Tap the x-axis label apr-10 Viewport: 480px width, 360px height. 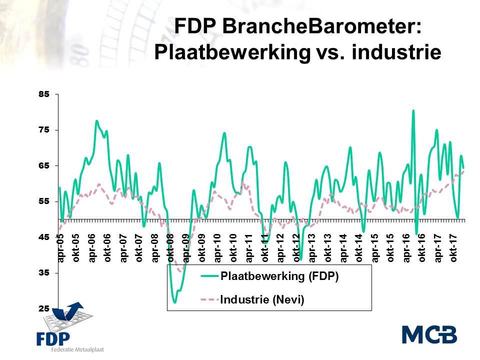pyautogui.click(x=218, y=249)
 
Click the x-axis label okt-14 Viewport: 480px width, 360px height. pyautogui.click(x=359, y=249)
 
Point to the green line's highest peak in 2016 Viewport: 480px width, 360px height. pyautogui.click(x=413, y=110)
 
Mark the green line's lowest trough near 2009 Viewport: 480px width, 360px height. pyautogui.click(x=174, y=302)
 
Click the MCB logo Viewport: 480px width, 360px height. pyautogui.click(x=429, y=334)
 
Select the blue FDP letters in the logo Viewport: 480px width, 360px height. pyautogui.click(x=53, y=338)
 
